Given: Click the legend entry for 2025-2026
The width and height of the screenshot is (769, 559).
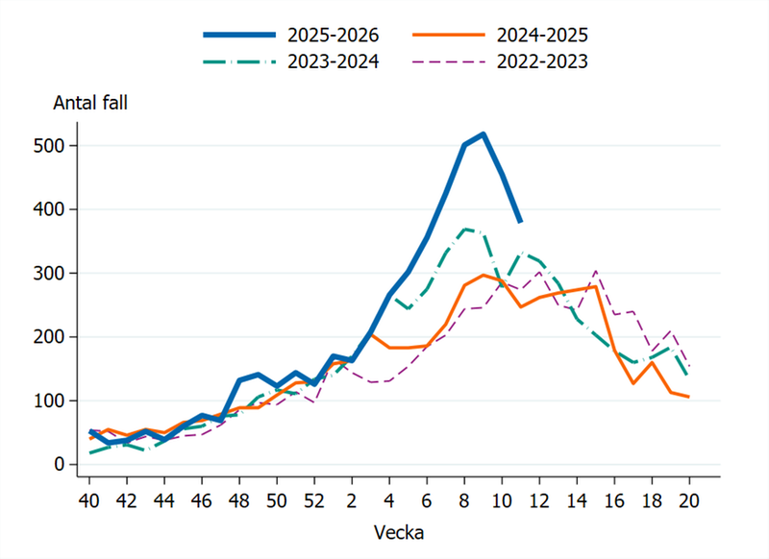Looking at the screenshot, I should click(333, 36).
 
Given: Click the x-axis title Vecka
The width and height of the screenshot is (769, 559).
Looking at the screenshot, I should click(389, 531).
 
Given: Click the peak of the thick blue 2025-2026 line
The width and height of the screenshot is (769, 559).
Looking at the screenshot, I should click(483, 134).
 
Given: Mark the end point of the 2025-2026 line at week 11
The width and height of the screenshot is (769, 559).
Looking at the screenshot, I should click(520, 222).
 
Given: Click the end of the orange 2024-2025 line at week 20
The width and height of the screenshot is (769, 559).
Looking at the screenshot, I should click(689, 397).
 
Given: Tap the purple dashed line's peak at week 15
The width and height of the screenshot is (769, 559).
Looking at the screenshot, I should click(596, 271).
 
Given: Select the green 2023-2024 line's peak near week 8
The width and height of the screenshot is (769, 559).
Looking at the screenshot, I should click(464, 229).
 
